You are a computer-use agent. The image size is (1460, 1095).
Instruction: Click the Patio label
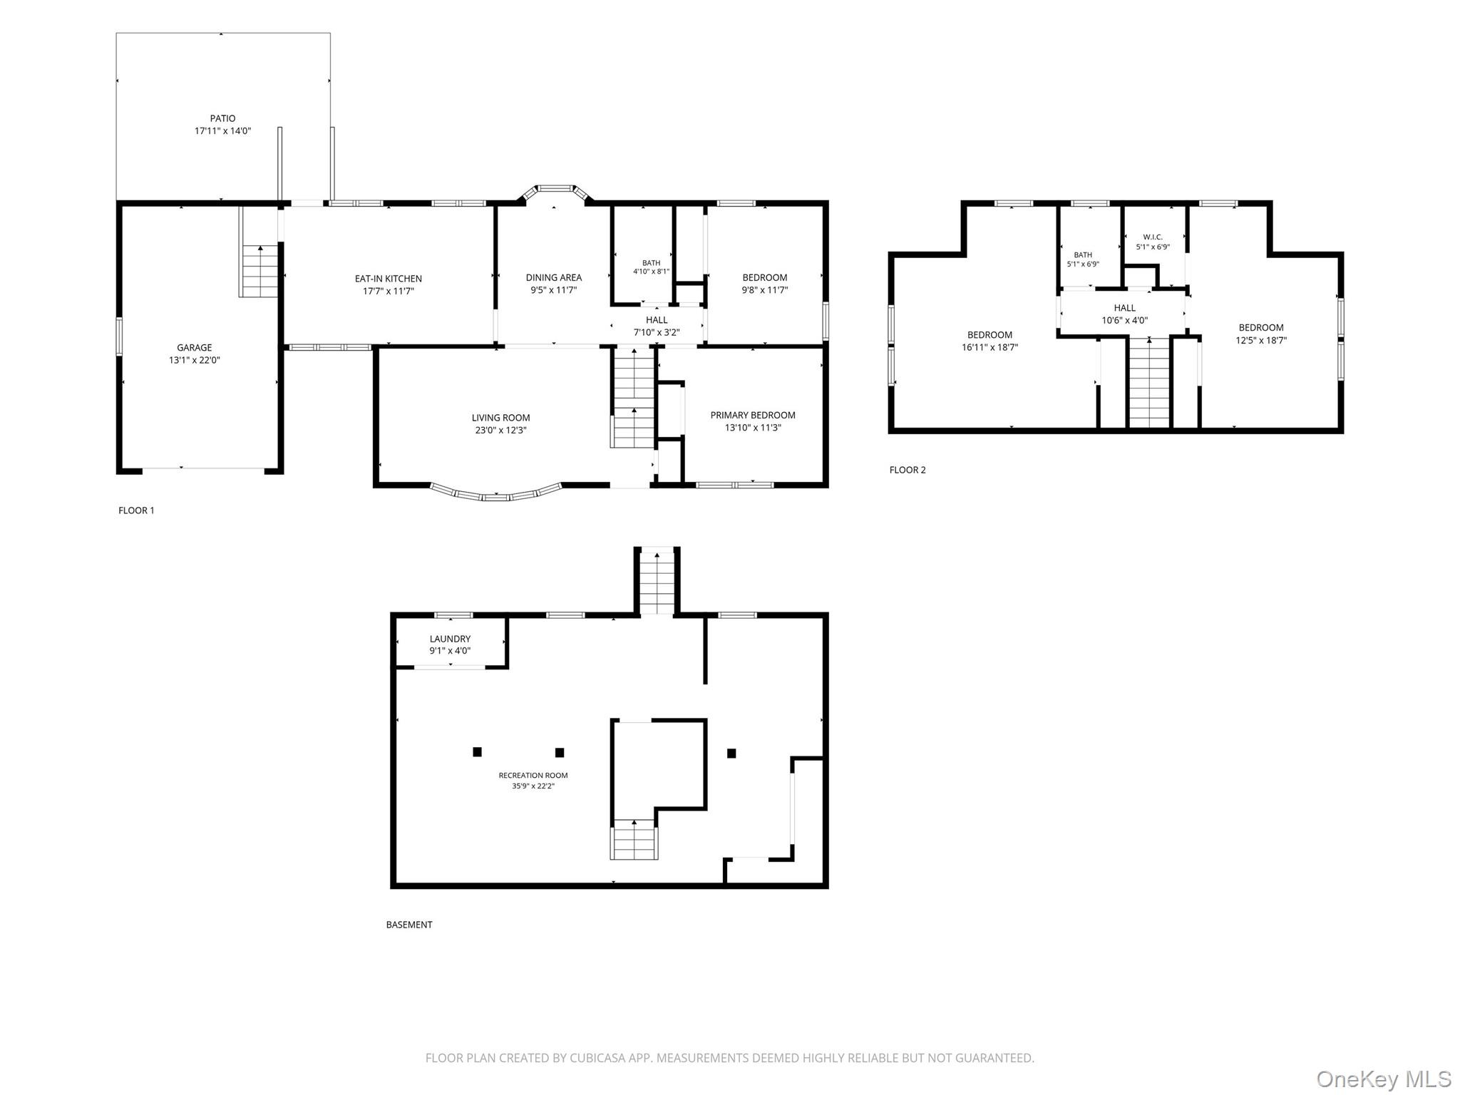pos(222,118)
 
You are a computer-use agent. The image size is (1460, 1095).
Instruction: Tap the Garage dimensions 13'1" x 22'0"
pos(194,360)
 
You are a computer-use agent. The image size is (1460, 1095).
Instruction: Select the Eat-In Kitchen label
pos(389,279)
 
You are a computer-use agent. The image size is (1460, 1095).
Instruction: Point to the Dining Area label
pos(554,277)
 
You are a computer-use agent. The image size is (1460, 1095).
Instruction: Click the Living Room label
pos(500,418)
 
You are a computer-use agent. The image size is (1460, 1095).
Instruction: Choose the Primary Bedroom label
pos(753,415)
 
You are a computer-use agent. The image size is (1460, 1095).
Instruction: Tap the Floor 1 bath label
pos(651,263)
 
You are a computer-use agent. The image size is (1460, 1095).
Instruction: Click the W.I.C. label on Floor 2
pos(1153,237)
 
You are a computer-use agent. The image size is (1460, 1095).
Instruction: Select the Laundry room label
pos(450,639)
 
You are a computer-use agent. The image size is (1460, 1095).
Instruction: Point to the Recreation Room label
pos(533,775)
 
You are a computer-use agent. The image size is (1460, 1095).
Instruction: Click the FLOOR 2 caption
pos(908,470)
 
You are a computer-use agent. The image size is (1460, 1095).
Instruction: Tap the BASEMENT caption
pos(409,925)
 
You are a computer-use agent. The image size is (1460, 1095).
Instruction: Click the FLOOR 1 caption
pos(136,510)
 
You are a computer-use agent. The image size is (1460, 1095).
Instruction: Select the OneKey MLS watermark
pos(1384,1079)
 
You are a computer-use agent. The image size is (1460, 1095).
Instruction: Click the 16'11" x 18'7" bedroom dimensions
pos(989,347)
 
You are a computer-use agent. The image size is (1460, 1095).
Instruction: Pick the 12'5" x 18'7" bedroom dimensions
pos(1261,340)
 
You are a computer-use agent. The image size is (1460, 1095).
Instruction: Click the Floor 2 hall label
pos(1125,308)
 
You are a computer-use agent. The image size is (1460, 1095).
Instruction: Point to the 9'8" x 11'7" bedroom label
pos(765,277)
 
